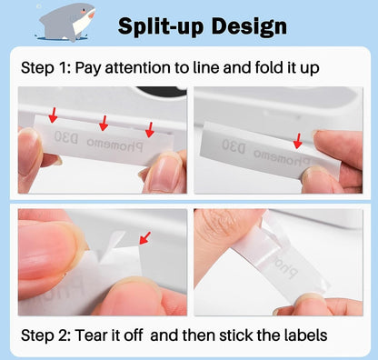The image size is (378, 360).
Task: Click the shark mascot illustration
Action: coord(66,22)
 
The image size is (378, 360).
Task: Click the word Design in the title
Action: coord(249,27)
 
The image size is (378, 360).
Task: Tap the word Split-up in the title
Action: coord(160,26)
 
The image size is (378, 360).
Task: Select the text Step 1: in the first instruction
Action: coord(45,67)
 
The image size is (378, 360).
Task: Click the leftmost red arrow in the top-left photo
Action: coord(53,115)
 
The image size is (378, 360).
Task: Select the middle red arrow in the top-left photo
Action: coord(104,123)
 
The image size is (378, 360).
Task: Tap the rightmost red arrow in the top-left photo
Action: coord(150,130)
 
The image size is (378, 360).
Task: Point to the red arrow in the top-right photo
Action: coord(298,141)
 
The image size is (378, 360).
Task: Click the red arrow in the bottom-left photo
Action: coord(144,238)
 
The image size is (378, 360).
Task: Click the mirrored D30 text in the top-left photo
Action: coord(66,137)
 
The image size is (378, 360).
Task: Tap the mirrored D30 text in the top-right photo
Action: coord(234,146)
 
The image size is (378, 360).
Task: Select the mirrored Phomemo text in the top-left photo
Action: coord(114,145)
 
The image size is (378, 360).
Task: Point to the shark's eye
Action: coord(83,13)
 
